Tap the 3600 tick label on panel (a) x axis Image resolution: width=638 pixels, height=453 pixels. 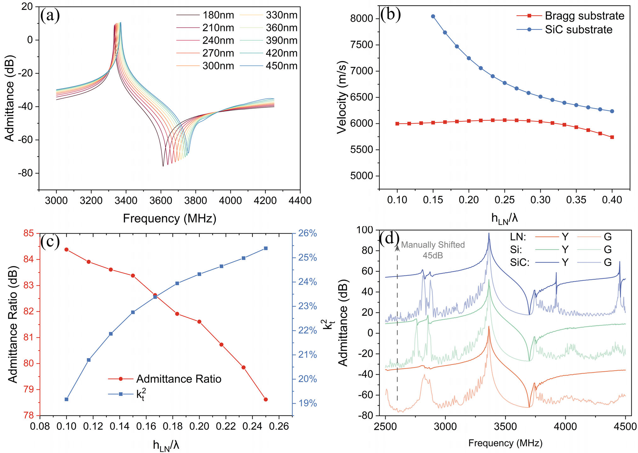[x=161, y=201]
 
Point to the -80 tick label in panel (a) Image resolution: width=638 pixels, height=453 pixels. [x=25, y=173]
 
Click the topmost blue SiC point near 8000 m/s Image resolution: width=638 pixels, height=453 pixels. [x=433, y=16]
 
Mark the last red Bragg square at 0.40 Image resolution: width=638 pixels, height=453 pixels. [x=612, y=137]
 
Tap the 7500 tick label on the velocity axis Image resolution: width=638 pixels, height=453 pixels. [x=362, y=45]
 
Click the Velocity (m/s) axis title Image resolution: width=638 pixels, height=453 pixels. [x=342, y=98]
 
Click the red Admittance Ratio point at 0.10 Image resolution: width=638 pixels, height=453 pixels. [x=66, y=250]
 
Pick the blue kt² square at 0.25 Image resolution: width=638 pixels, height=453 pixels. [x=266, y=248]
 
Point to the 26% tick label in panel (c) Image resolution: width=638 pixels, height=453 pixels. [x=307, y=233]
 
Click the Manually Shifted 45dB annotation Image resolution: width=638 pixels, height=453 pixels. [x=433, y=250]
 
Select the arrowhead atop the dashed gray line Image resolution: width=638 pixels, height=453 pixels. [x=398, y=248]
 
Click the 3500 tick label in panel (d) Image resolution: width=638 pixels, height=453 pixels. [x=505, y=427]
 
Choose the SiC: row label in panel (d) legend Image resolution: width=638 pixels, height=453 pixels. [x=520, y=262]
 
